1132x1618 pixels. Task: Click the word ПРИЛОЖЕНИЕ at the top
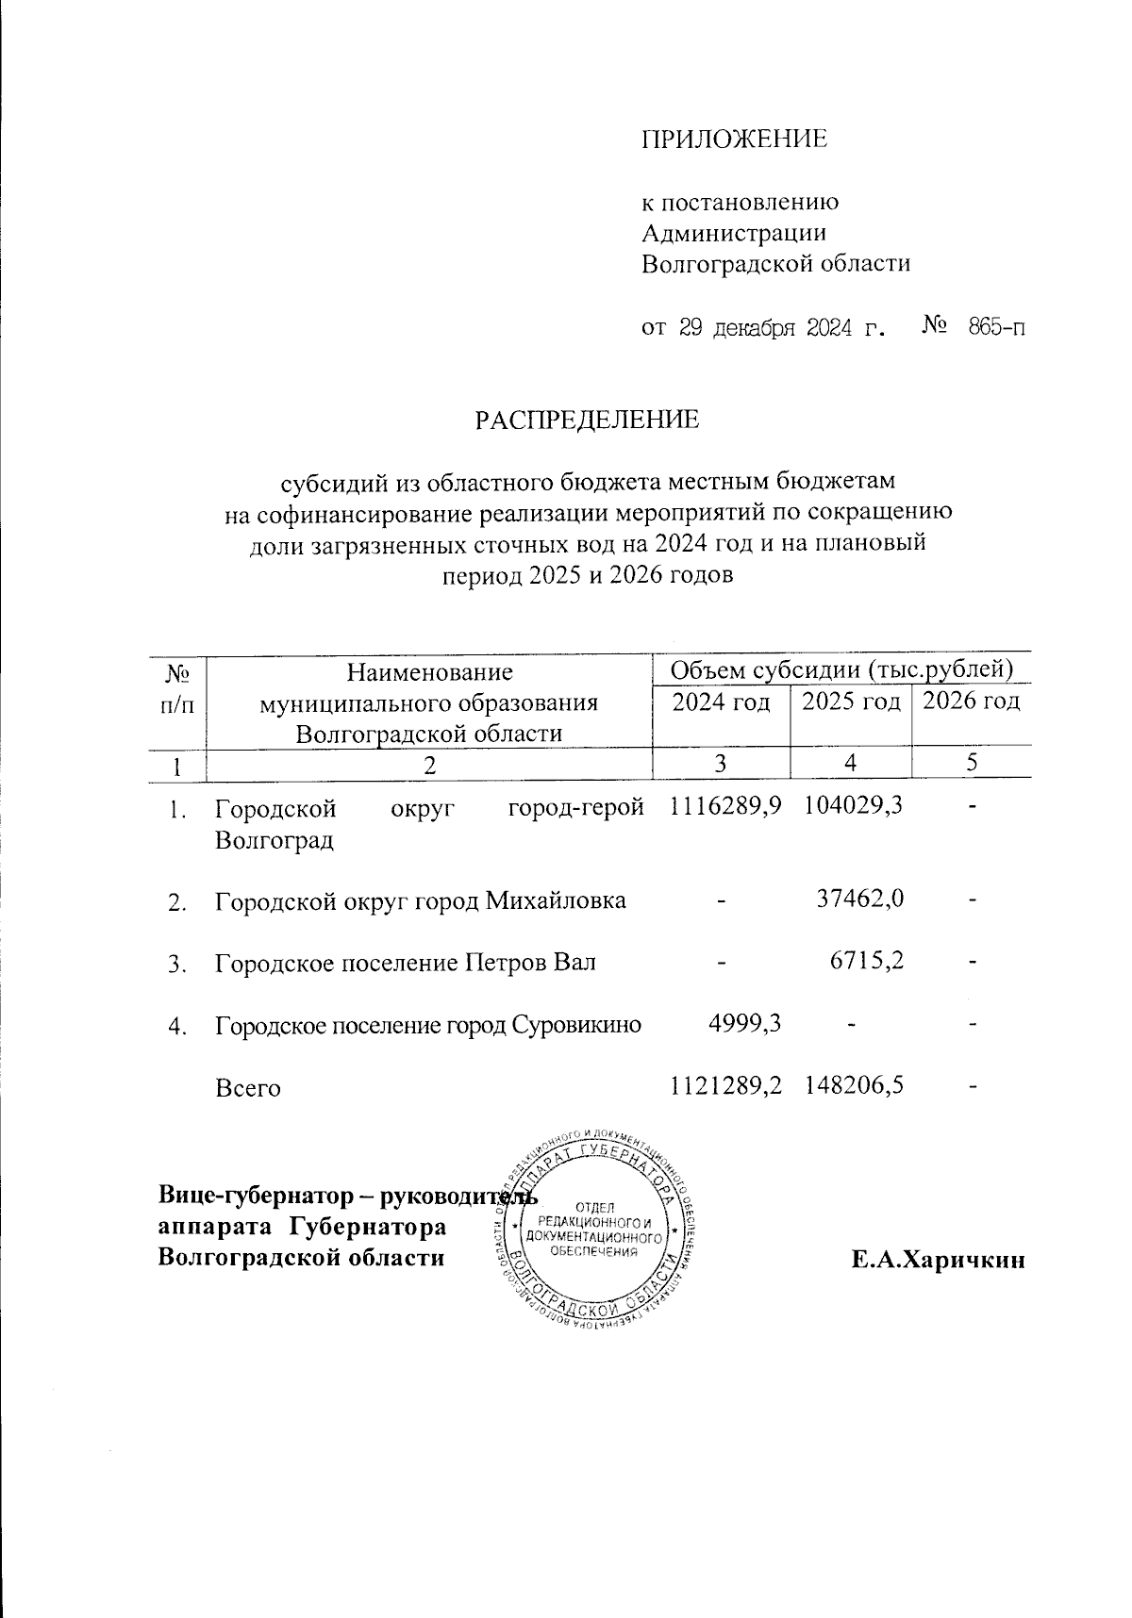point(734,140)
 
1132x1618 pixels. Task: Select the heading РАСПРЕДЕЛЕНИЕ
point(587,419)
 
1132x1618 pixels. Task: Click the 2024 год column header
point(720,702)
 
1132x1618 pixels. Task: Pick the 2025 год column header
point(851,702)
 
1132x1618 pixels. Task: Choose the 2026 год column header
point(971,702)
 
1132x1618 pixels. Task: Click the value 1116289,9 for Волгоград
point(725,806)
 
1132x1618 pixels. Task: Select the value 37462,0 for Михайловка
point(860,900)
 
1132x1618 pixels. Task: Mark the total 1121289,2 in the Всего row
point(725,1086)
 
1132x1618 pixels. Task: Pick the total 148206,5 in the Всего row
point(855,1086)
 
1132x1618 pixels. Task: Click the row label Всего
point(248,1088)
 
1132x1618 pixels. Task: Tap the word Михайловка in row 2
point(556,900)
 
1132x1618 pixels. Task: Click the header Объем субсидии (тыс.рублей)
point(841,669)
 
